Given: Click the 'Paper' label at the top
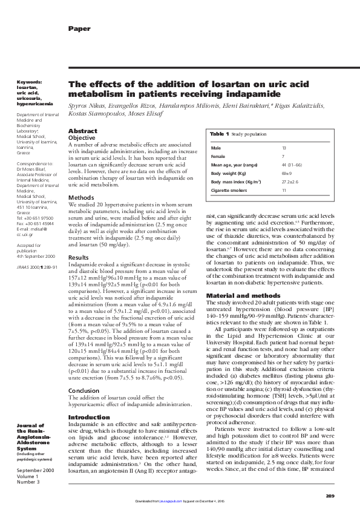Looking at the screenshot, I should [x=79, y=28].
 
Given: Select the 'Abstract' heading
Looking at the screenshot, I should [x=82, y=131].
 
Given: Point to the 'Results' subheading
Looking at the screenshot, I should [x=80, y=257].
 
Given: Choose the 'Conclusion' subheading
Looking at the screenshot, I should [x=83, y=373].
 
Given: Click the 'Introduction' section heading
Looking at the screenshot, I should [x=89, y=401].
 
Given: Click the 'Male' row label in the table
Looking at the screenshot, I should [x=216, y=148].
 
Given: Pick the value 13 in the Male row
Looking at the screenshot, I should [x=284, y=148].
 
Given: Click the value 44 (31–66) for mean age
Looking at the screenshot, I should [x=292, y=165].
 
